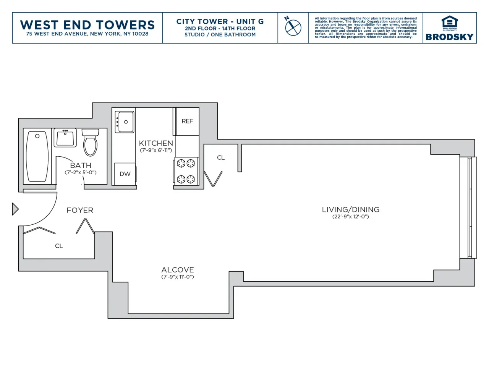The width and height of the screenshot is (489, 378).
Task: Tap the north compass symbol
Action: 293,27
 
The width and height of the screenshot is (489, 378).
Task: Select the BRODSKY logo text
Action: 449,37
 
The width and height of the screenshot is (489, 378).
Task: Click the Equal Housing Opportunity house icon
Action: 449,21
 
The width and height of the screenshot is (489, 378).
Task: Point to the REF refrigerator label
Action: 187,121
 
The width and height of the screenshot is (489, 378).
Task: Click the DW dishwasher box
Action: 125,174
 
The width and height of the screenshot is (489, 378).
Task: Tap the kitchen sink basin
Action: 126,122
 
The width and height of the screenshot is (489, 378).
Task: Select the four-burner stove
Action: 186,171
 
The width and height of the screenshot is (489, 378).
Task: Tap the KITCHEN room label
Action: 156,143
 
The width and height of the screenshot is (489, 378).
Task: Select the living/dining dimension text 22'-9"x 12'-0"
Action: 350,217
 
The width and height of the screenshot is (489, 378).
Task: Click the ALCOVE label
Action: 178,270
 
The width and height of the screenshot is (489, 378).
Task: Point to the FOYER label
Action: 80,210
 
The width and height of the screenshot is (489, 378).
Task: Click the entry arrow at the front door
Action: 15,209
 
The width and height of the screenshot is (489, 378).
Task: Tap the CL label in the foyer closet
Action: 59,246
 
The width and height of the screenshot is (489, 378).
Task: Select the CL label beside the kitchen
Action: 221,157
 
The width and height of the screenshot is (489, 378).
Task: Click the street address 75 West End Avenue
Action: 87,34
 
